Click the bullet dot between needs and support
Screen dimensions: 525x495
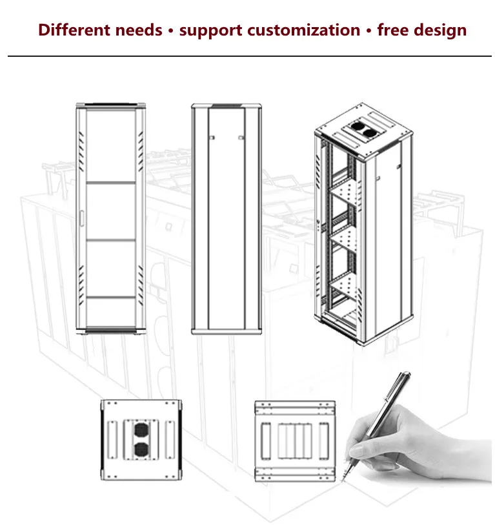(170, 31)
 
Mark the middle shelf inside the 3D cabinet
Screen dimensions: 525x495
(345, 235)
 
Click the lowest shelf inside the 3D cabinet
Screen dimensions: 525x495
(345, 283)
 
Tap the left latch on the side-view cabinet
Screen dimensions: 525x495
(210, 137)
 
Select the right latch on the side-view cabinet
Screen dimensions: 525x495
(240, 137)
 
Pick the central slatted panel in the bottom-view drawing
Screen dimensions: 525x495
(294, 438)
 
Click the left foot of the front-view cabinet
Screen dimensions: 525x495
(86, 332)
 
